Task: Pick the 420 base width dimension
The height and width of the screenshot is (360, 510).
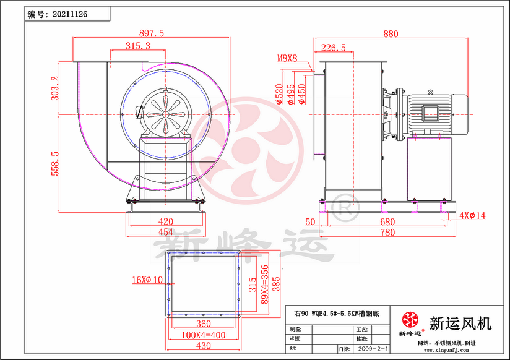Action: click(x=165, y=221)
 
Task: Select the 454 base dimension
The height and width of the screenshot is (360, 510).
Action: click(x=165, y=232)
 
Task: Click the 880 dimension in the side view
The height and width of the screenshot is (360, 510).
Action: click(x=391, y=34)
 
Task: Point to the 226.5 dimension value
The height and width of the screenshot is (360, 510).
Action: click(x=334, y=47)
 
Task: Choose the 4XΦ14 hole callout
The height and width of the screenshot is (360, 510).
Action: click(x=473, y=216)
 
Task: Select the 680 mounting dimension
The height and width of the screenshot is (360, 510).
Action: click(x=387, y=221)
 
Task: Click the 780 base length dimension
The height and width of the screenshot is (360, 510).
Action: click(x=387, y=232)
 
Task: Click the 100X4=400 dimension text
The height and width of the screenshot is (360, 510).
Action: click(x=204, y=334)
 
